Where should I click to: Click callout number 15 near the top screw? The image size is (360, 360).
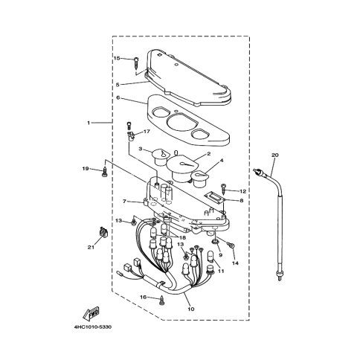click(117, 58)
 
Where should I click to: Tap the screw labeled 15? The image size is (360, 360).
click(136, 64)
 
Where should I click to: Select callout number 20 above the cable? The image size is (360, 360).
click(275, 155)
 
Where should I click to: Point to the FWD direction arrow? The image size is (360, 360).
click(91, 313)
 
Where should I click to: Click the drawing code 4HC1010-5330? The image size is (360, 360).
click(93, 327)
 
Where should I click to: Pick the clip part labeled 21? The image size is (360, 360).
click(103, 232)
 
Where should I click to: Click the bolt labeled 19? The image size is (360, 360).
click(104, 173)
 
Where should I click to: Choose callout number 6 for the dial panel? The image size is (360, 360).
click(118, 97)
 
